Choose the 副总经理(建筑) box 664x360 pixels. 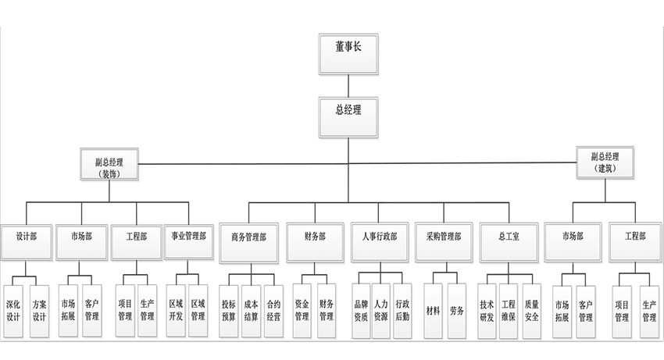click(605, 162)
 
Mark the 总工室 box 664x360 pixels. click(510, 240)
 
